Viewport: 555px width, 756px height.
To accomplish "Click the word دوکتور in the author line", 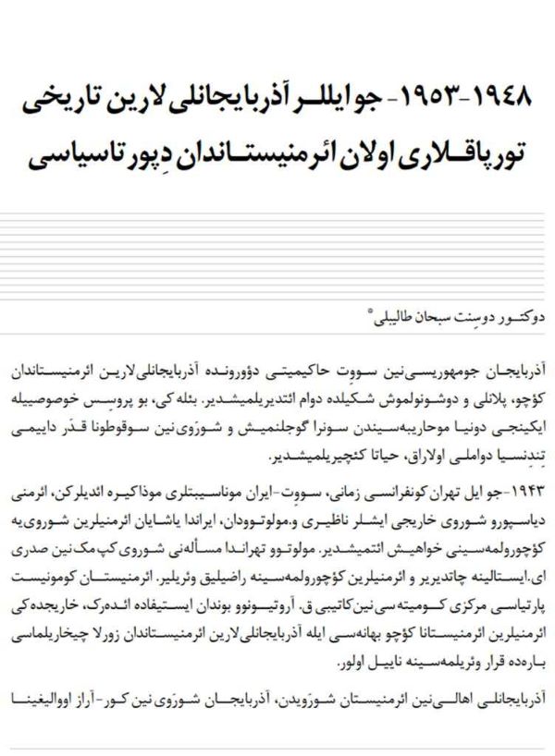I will click(512, 319).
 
